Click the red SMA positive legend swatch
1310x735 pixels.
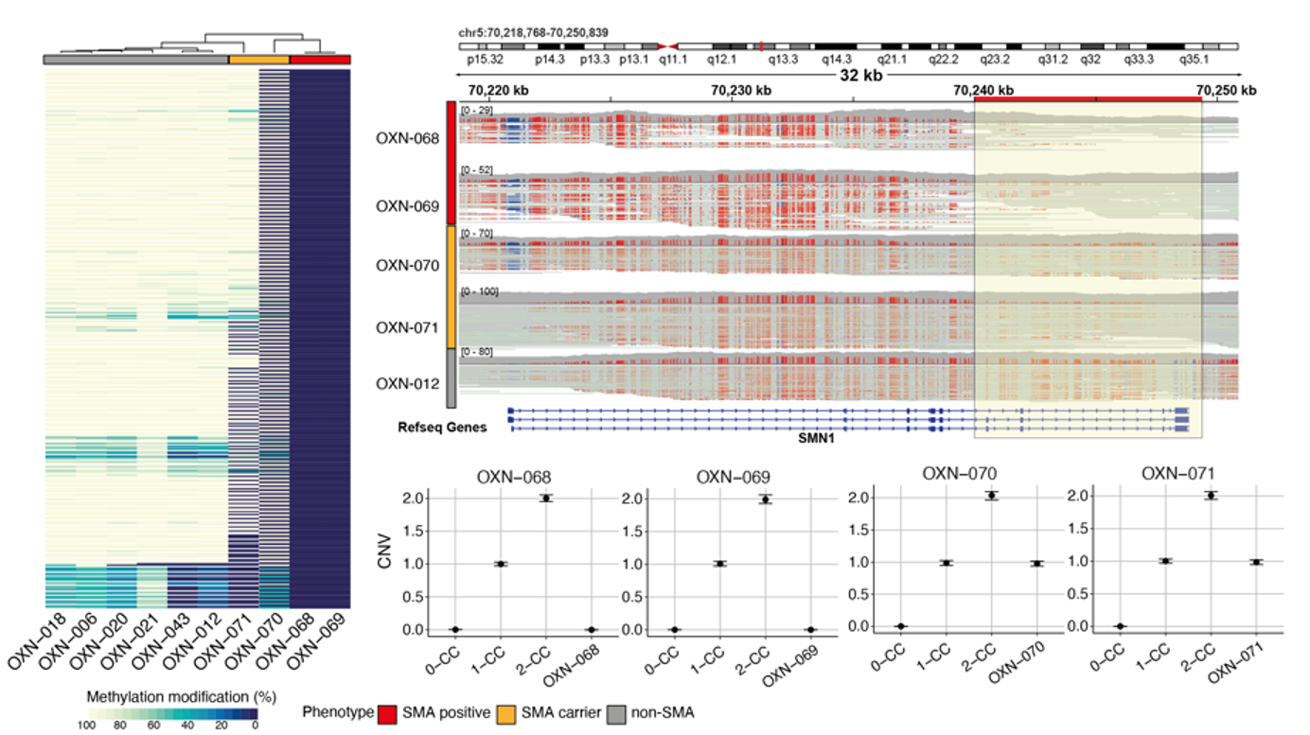386,711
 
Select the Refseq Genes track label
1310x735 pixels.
442,428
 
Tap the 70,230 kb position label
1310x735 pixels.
740,90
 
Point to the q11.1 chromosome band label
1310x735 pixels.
673,59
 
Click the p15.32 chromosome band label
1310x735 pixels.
485,59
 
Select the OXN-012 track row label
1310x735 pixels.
407,384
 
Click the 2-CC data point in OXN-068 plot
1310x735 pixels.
546,498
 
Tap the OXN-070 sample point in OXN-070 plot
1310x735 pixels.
1038,563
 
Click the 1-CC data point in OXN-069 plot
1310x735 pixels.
720,564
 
